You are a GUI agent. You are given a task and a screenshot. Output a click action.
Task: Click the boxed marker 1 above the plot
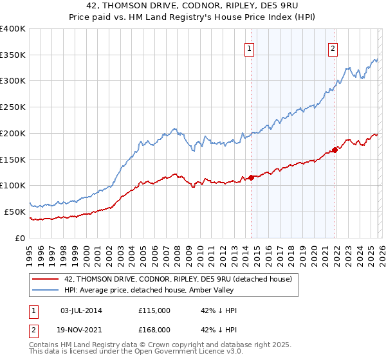coord(249,47)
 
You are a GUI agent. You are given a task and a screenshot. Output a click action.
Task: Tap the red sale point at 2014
coord(251,177)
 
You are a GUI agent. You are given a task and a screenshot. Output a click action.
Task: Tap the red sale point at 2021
coord(335,150)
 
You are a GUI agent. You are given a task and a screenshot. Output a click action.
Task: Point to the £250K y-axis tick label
coord(13,107)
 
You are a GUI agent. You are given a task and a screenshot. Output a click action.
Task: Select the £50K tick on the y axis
coord(15,212)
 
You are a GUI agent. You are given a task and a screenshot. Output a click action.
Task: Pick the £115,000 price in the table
coord(154,310)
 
